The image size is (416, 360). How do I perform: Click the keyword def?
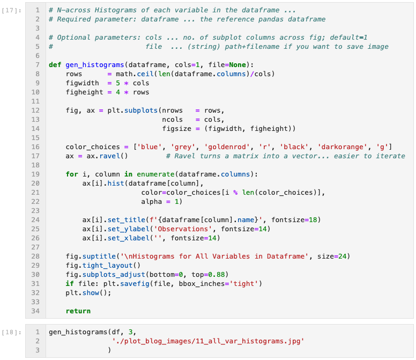pyautogui.click(x=55, y=65)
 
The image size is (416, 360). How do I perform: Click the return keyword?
pyautogui.click(x=78, y=311)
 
